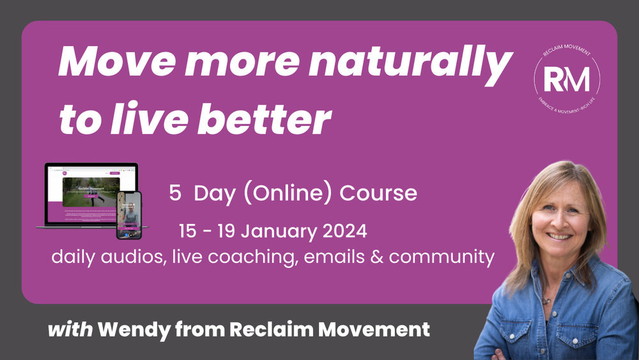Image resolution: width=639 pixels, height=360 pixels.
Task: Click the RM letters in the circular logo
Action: coord(566,78)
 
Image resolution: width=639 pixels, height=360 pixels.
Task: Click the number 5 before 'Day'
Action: coord(174,193)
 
